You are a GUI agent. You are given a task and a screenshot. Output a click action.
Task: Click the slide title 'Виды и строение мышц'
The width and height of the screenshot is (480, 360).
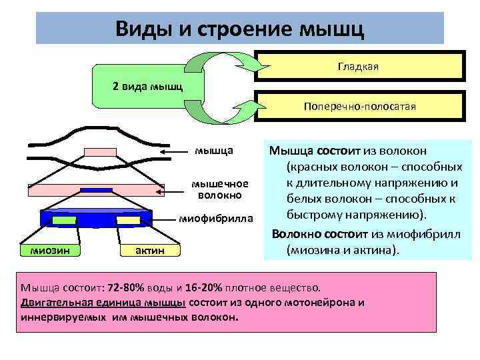click(x=239, y=29)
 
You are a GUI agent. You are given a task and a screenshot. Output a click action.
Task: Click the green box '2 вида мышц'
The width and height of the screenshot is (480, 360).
click(x=143, y=87)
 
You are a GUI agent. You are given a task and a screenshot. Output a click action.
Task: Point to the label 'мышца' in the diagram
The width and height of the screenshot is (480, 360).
click(x=213, y=152)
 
